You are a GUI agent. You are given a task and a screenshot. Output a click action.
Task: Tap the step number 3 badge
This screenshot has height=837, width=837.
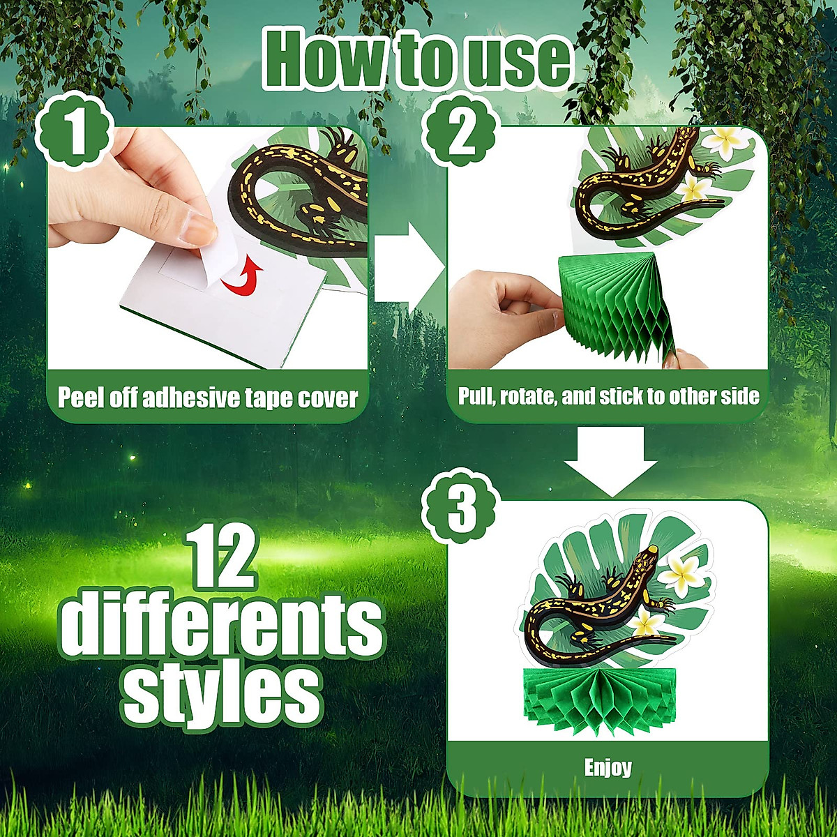pyautogui.click(x=461, y=510)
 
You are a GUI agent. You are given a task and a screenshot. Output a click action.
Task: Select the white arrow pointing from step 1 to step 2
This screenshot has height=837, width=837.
pyautogui.click(x=407, y=264)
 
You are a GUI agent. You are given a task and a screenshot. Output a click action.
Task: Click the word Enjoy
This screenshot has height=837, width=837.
pyautogui.click(x=608, y=768)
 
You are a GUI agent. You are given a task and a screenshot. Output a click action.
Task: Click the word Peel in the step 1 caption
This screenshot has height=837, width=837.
pyautogui.click(x=82, y=398)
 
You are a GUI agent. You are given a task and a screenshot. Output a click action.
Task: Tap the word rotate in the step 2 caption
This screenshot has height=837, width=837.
pyautogui.click(x=524, y=396)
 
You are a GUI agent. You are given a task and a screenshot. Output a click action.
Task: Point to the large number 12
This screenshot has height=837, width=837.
pyautogui.click(x=222, y=558)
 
